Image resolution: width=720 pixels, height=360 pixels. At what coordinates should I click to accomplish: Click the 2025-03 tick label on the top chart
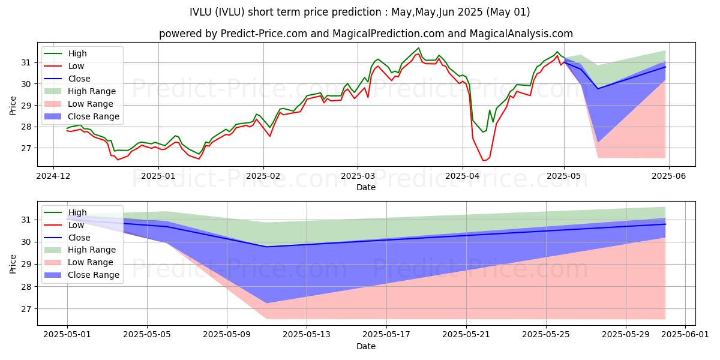tap(358, 176)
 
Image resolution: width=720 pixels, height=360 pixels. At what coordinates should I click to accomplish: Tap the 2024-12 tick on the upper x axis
tap(53, 176)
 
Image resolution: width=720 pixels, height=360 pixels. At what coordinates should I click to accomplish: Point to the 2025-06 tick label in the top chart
tap(669, 176)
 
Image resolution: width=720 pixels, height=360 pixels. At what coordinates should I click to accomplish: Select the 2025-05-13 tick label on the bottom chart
tap(307, 335)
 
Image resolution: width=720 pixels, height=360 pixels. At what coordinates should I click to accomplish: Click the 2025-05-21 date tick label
tap(466, 335)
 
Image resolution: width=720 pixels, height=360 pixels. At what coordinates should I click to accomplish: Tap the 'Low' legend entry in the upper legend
tap(76, 66)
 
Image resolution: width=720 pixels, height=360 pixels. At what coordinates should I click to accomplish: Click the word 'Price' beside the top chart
tap(13, 105)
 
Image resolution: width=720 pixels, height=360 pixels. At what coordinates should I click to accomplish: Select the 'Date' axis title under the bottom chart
tap(366, 346)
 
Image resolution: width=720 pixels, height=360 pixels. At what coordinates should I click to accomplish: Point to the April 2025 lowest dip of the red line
tap(484, 160)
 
